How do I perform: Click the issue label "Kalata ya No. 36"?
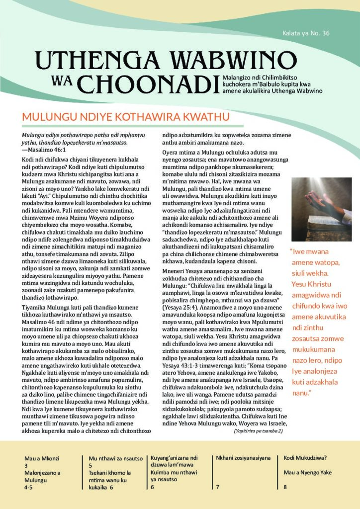point(305,34)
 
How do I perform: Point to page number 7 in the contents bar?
point(218,488)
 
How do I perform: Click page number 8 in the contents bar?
point(285,488)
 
